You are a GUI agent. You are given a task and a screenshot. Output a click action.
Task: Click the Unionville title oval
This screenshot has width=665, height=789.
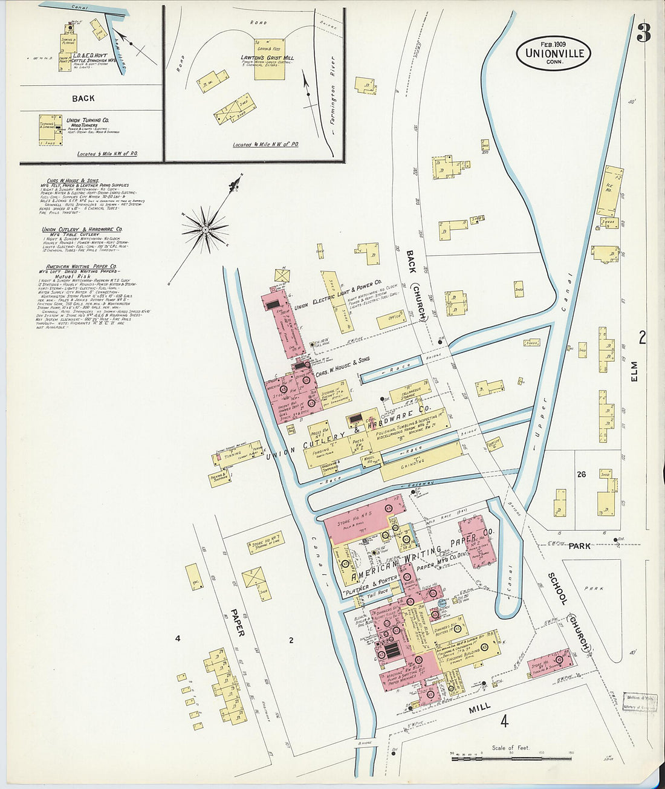point(553,53)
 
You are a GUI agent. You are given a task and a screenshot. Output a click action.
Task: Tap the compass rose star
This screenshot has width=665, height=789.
point(206,229)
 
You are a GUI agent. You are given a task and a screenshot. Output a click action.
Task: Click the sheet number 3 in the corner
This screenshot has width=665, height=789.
point(643,33)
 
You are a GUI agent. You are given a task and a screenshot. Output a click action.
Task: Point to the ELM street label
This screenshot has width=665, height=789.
point(643,379)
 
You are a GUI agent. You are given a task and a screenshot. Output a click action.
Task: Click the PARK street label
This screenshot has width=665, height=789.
point(579,546)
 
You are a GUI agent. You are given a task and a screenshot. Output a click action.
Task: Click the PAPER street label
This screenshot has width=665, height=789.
point(237,622)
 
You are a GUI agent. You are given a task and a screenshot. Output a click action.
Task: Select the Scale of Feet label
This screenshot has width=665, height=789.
point(511,747)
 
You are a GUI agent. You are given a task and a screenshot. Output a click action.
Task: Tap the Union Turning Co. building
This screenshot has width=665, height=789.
point(51,130)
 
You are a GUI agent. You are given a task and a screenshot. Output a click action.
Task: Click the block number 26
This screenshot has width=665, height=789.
point(581,475)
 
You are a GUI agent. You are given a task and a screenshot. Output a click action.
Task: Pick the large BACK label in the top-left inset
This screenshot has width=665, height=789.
point(83,98)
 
